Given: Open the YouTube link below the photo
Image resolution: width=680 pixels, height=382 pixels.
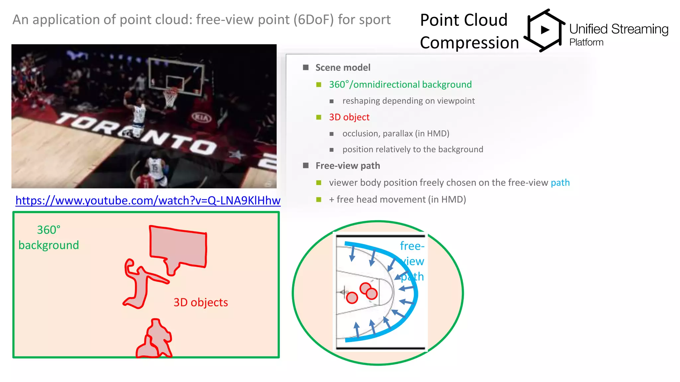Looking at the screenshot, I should tap(148, 201).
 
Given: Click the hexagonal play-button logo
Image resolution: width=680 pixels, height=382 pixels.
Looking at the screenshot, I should tap(545, 30).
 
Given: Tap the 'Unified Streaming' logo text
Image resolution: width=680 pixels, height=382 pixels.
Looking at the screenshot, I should tap(619, 29).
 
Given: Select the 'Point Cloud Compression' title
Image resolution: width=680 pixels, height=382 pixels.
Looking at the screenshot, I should tap(469, 32).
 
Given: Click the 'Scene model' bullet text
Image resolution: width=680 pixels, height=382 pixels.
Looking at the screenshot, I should tap(343, 68).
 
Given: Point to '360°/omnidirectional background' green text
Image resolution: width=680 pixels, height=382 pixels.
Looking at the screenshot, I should tap(400, 85).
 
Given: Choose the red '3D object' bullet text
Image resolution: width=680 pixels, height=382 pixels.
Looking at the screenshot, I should tap(349, 117).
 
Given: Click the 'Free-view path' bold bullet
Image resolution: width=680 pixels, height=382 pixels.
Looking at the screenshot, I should tap(348, 166).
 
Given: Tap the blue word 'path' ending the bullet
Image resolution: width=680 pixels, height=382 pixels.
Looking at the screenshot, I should tap(560, 183).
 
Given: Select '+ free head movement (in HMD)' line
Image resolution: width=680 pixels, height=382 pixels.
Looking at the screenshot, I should tap(397, 200).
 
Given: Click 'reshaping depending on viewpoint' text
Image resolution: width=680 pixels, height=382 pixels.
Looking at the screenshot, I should tap(408, 101).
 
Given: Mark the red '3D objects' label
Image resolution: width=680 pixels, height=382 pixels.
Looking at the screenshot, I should tap(201, 302).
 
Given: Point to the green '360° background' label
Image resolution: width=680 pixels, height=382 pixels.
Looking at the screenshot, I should tap(48, 237).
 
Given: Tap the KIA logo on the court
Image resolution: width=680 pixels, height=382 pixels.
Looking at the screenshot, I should tap(201, 117).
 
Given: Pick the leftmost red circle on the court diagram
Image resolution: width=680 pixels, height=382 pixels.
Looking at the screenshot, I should tap(352, 297).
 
